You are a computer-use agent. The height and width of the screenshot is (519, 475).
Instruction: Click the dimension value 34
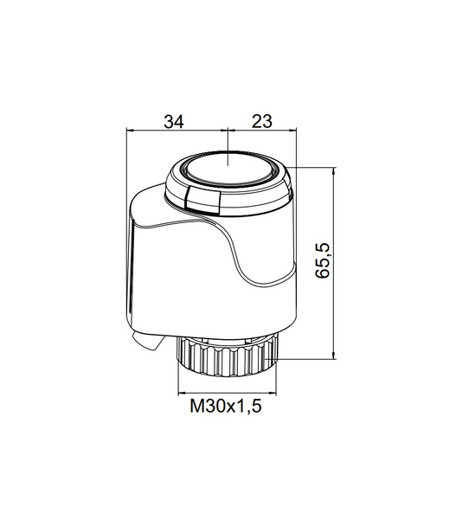(175, 122)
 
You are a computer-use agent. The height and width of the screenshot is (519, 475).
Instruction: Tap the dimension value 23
(262, 122)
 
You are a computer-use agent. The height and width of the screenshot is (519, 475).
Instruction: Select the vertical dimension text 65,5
(324, 260)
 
